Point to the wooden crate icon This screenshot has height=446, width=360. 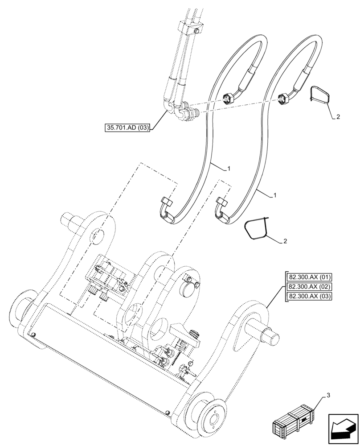[x=295, y=421]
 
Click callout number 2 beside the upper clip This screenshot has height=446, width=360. [x=338, y=117]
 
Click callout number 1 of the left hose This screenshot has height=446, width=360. [x=229, y=169]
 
